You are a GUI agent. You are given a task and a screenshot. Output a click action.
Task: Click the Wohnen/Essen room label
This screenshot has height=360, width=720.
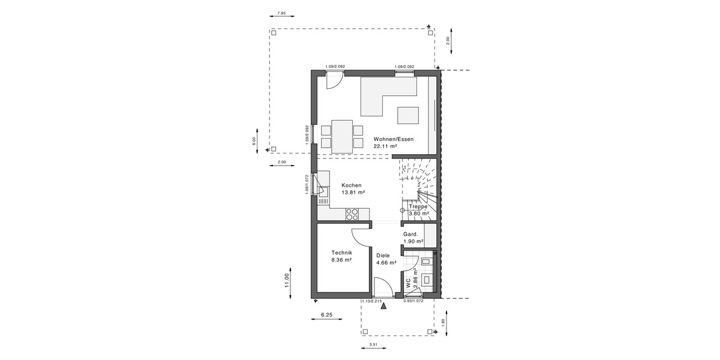[x=393, y=139]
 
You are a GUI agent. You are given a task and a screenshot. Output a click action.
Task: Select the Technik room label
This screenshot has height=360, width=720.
[x=341, y=253]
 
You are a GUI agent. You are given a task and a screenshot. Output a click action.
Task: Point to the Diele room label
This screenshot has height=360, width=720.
[x=383, y=255]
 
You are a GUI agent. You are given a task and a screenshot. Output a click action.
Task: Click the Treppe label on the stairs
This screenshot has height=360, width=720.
[x=418, y=206]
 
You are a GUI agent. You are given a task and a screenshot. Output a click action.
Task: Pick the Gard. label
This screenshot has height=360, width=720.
[x=410, y=234]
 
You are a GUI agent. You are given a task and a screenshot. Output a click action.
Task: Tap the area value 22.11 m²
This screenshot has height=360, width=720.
[x=386, y=146]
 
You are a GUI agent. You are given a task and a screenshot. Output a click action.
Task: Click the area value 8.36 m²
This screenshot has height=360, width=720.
[x=341, y=260]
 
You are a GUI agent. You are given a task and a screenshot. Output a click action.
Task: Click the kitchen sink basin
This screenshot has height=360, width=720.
[x=323, y=192]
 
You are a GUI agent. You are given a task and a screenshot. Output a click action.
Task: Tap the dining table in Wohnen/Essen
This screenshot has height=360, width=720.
[x=342, y=136]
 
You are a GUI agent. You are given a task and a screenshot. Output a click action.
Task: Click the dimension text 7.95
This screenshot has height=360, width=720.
[x=282, y=13]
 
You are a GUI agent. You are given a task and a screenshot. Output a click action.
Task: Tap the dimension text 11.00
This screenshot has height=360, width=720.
[x=287, y=280]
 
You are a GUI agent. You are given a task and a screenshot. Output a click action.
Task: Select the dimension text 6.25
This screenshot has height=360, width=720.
[x=327, y=314]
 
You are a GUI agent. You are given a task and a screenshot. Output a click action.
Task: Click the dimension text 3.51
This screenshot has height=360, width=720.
[x=373, y=344]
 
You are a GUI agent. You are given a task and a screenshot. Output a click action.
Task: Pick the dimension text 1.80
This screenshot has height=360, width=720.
[x=443, y=321]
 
